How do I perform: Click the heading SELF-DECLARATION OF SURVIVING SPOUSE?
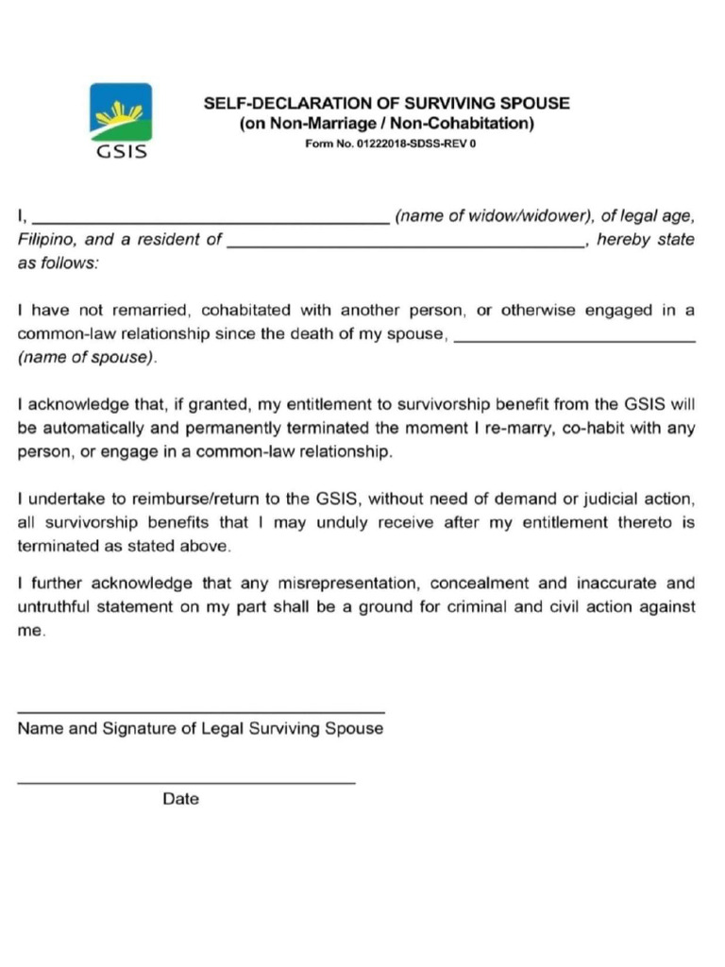[387, 104]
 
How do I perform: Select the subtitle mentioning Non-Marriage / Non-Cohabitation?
[387, 125]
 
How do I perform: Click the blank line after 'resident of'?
[406, 246]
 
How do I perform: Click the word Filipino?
[47, 240]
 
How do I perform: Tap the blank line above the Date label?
[187, 783]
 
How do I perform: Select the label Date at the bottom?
[181, 799]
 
